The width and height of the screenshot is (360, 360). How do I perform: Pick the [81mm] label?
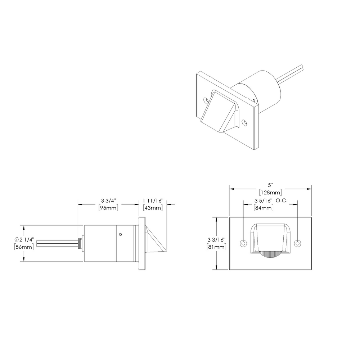216,247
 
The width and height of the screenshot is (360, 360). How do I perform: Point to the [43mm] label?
153,208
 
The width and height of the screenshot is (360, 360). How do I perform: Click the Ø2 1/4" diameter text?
24,240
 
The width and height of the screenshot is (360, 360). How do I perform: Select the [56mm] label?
24,247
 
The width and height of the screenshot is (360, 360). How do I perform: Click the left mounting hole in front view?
243,243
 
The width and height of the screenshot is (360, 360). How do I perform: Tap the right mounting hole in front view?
297,243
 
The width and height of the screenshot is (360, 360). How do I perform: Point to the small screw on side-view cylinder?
120,234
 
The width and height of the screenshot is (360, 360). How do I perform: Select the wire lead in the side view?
58,243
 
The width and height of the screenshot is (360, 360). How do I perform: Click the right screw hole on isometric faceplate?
245,123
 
